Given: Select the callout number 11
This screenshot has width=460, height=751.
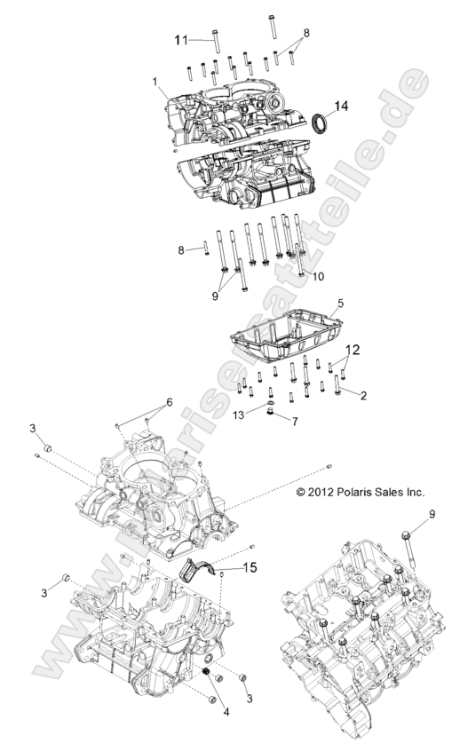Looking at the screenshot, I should pyautogui.click(x=181, y=40).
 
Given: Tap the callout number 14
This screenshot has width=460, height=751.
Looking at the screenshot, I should pyautogui.click(x=341, y=106).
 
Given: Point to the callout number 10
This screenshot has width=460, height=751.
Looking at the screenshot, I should pyautogui.click(x=318, y=277).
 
